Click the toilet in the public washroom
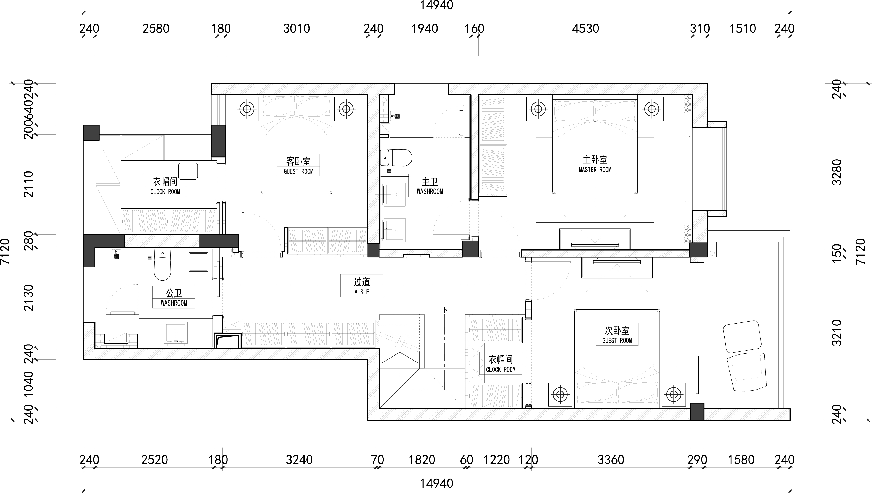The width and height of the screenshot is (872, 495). click(x=162, y=265)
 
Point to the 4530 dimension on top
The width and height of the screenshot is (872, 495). click(x=585, y=29)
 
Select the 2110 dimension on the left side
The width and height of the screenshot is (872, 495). click(x=29, y=184)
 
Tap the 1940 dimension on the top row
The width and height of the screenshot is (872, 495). click(x=425, y=29)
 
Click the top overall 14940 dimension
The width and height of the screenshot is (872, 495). click(x=436, y=5)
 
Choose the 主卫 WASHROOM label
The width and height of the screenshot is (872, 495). click(x=430, y=186)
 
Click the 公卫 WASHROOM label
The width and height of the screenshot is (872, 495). click(x=174, y=297)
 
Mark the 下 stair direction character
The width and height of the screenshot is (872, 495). click(x=445, y=310)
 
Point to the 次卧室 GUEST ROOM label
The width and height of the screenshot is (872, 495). click(x=617, y=335)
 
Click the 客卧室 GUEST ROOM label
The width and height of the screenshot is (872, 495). click(x=298, y=165)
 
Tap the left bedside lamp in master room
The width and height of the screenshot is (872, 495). click(x=538, y=109)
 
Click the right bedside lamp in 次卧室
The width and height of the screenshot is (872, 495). click(x=673, y=394)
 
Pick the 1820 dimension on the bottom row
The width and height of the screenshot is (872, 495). click(x=422, y=460)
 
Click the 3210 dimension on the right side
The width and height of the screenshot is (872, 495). click(x=837, y=333)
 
